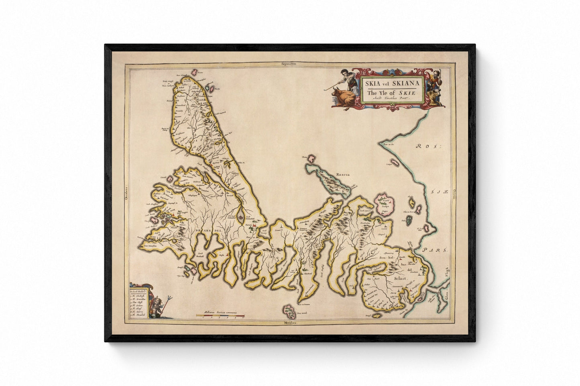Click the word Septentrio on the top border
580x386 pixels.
(x=290, y=64)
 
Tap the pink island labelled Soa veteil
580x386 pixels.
(x=288, y=310)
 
